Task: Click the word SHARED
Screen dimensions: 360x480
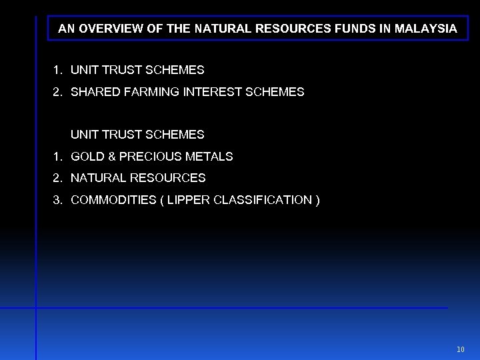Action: tap(92, 92)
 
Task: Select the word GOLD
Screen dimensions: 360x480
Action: tap(85, 157)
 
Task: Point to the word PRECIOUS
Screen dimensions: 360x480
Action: tap(147, 157)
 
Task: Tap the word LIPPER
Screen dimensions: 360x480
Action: tap(189, 200)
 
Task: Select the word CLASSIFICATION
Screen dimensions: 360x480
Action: tap(262, 200)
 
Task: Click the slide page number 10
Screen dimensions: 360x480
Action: tap(461, 349)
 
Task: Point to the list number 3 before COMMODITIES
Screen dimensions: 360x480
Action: tap(57, 200)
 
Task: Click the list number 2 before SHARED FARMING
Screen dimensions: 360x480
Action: tap(57, 92)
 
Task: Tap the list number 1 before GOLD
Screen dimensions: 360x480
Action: tap(57, 157)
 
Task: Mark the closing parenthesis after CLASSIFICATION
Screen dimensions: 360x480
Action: tap(317, 200)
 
